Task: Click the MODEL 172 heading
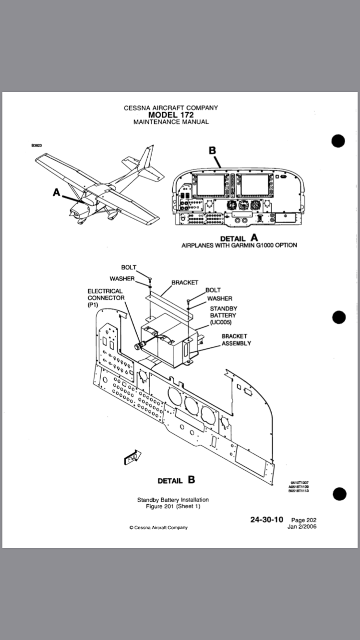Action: (170, 115)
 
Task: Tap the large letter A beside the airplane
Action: (57, 192)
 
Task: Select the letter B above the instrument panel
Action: (212, 150)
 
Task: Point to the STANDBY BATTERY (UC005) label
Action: (223, 315)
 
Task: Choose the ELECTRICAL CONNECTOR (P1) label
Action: (106, 297)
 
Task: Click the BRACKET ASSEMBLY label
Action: (236, 340)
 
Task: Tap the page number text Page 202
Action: (304, 520)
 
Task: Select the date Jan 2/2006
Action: (302, 526)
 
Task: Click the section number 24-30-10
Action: (267, 520)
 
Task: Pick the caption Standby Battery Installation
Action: (173, 499)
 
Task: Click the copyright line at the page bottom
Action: (158, 527)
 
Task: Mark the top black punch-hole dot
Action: (338, 141)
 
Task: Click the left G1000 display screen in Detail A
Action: (208, 185)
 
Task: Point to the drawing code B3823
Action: (36, 145)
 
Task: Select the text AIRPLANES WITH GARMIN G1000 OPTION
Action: (239, 245)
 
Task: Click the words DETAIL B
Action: (176, 480)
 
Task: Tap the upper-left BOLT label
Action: (129, 267)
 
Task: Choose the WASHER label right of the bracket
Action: (219, 298)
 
